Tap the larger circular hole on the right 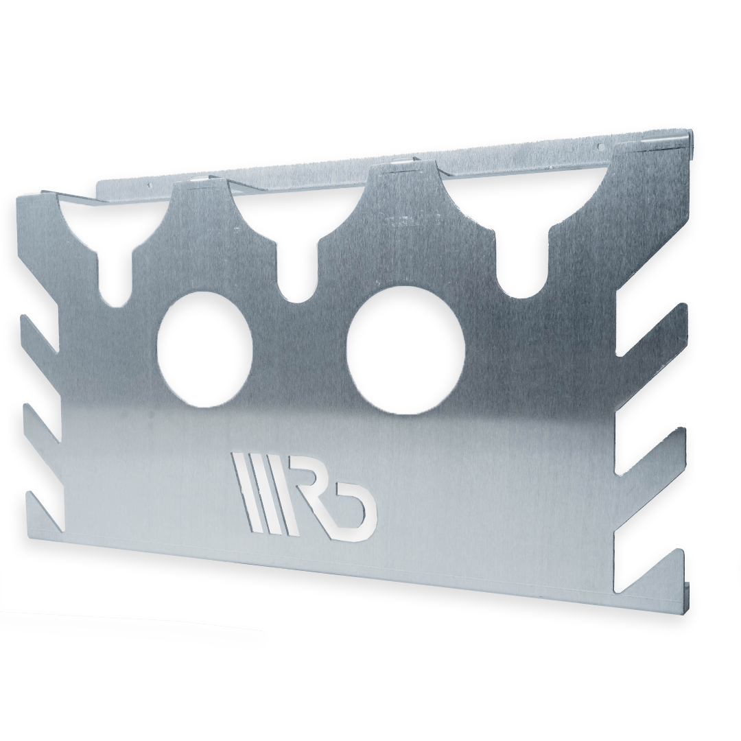coord(405,351)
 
